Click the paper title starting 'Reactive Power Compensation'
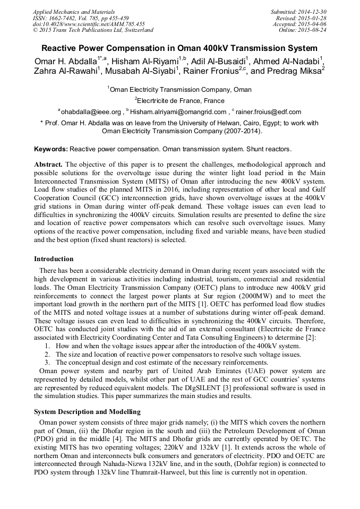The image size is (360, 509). point(179,48)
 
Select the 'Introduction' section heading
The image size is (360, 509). point(54,259)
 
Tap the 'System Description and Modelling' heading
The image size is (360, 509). point(87,412)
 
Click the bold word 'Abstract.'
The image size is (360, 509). point(48,165)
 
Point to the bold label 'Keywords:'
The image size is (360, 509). point(51,149)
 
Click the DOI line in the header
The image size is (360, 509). point(89,24)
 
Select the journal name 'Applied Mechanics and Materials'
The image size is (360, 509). point(73,11)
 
